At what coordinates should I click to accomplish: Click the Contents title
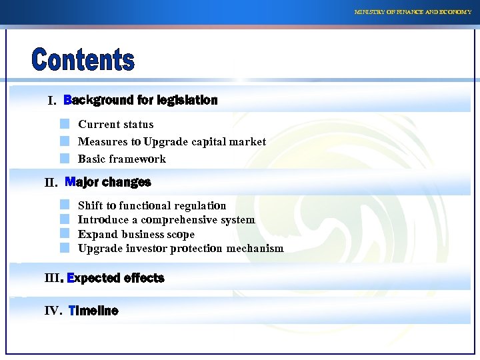(83, 59)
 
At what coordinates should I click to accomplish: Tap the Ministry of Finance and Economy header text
(413, 12)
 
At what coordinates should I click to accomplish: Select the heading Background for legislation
(141, 101)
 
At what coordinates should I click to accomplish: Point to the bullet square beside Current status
(64, 124)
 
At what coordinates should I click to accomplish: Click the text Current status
(115, 125)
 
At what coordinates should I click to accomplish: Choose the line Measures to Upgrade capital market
(171, 141)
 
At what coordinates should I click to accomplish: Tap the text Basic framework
(121, 159)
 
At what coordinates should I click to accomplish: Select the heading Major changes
(108, 182)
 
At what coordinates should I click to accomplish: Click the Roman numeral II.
(51, 183)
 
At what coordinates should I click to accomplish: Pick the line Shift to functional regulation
(152, 206)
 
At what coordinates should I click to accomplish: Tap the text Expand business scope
(136, 234)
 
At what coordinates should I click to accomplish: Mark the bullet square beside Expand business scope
(64, 233)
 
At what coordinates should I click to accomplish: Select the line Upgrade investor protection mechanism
(181, 248)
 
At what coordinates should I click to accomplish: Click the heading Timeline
(93, 311)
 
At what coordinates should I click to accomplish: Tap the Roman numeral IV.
(53, 311)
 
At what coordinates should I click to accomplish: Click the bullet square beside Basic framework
(64, 159)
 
